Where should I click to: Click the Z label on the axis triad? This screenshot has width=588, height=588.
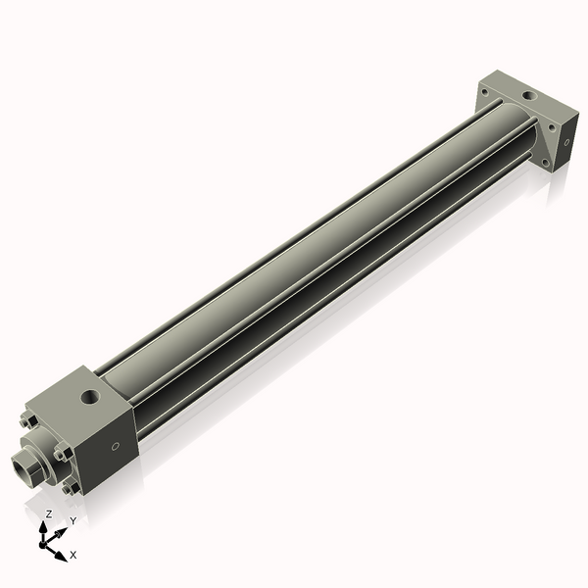point(49,514)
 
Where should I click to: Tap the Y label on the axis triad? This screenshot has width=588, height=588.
point(73,520)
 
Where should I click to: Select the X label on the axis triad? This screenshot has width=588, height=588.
point(73,555)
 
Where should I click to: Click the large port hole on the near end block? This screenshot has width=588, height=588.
point(91,398)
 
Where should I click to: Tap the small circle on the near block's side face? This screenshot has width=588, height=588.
point(117,447)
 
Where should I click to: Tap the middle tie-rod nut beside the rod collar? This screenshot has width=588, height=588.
point(61,452)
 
